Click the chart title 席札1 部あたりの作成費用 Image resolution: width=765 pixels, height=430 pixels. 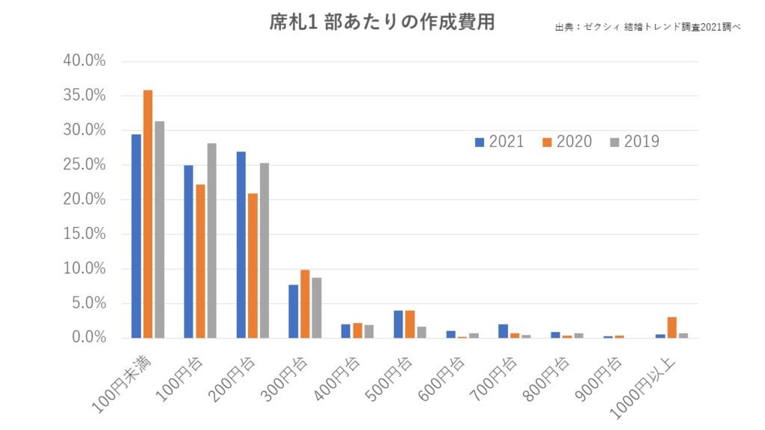pos(382,22)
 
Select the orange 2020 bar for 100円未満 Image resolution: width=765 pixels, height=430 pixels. pos(148,214)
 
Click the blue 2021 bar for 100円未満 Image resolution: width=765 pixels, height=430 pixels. pos(136,236)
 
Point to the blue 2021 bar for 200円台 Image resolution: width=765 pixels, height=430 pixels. pos(241,245)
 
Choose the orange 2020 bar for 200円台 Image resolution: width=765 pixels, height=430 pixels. pos(253,266)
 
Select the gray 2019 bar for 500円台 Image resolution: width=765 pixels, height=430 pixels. pos(421,332)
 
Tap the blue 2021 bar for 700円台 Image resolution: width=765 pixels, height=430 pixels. pos(504,331)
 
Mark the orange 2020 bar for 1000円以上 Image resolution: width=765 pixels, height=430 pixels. pos(672,328)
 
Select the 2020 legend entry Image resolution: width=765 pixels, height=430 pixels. pos(567,142)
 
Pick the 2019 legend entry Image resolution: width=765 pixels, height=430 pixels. pos(634,142)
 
